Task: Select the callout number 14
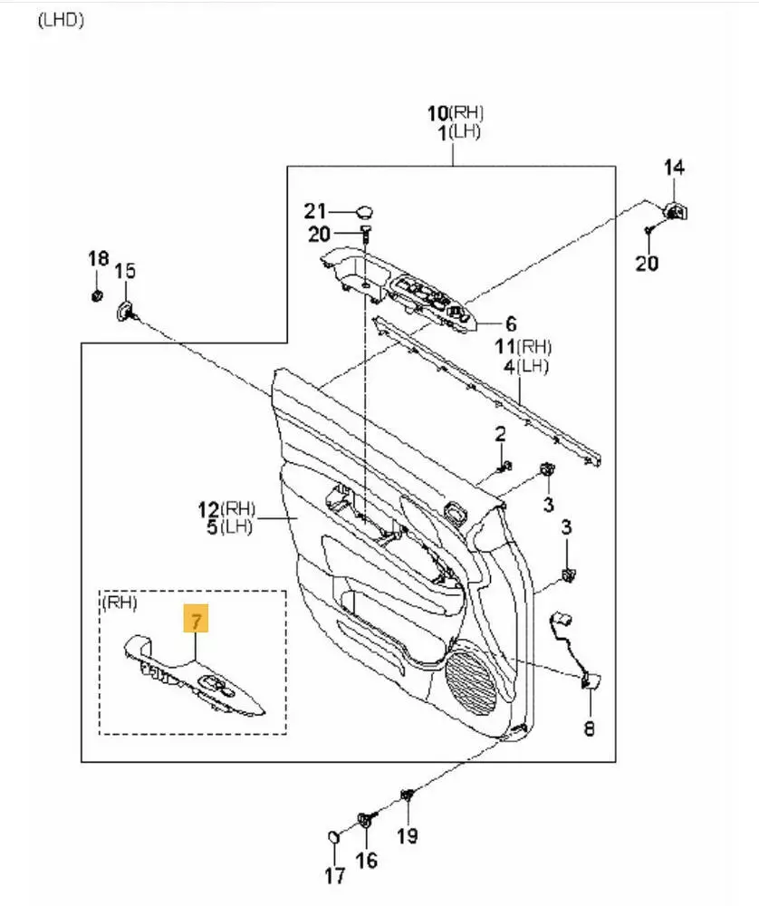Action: (x=675, y=167)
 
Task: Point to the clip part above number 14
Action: (x=676, y=210)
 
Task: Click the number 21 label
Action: (x=314, y=211)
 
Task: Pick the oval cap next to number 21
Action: (x=363, y=211)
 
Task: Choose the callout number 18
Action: (x=98, y=259)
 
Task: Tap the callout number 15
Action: (x=125, y=270)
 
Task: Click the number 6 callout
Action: (x=511, y=323)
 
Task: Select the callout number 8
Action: (x=589, y=727)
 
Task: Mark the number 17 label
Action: (x=335, y=875)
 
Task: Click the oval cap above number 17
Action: (x=334, y=837)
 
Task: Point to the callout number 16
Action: (x=367, y=859)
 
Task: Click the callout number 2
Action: (x=499, y=435)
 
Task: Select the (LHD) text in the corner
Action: (x=61, y=21)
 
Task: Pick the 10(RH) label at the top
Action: (x=456, y=114)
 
